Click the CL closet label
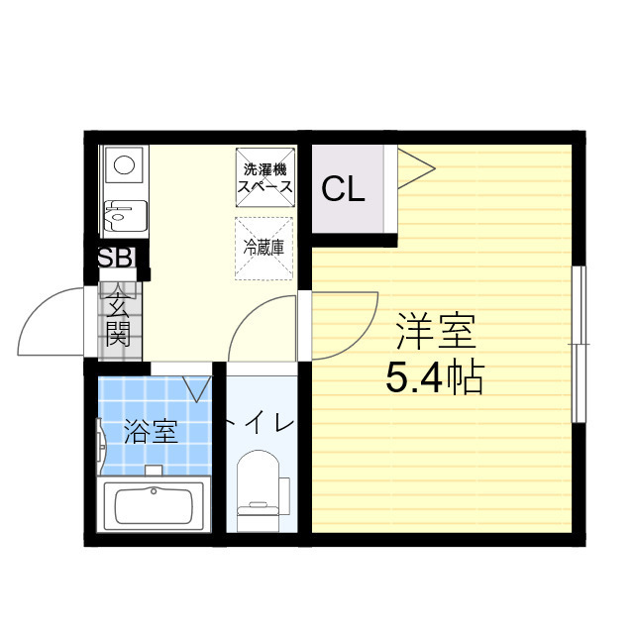click(343, 189)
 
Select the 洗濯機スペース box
click(264, 176)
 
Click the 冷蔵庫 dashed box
click(264, 247)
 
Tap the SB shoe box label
click(116, 259)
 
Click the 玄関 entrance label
click(118, 319)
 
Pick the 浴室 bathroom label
click(151, 432)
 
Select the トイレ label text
click(260, 424)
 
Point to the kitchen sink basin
click(125, 214)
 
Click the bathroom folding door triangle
click(198, 386)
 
